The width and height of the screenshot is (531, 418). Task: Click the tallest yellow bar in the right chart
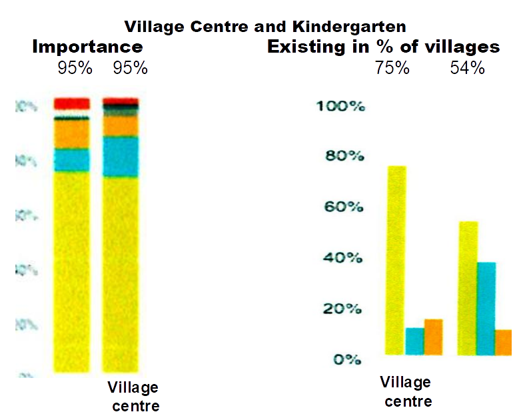pyautogui.click(x=396, y=260)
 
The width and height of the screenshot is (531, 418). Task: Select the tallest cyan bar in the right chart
pyautogui.click(x=486, y=308)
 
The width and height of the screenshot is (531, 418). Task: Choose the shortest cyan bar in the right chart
pyautogui.click(x=415, y=341)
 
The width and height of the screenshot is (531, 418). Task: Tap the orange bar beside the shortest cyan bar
pyautogui.click(x=434, y=337)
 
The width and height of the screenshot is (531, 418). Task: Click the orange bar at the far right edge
pyautogui.click(x=504, y=342)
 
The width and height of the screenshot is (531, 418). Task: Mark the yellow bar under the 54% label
pyautogui.click(x=468, y=288)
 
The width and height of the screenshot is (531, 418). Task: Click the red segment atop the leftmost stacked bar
pyautogui.click(x=71, y=103)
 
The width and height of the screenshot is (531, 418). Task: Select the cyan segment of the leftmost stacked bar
pyautogui.click(x=71, y=160)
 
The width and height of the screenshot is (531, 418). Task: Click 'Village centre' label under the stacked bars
pyautogui.click(x=133, y=397)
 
